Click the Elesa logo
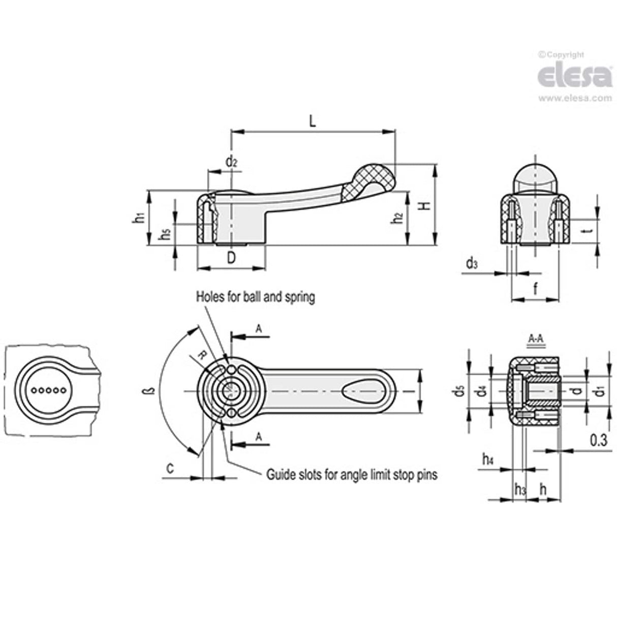pyautogui.click(x=574, y=76)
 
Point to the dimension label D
pyautogui.click(x=231, y=258)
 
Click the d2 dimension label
pyautogui.click(x=231, y=162)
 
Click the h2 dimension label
pyautogui.click(x=398, y=218)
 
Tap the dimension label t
pyautogui.click(x=588, y=230)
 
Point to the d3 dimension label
pyautogui.click(x=472, y=264)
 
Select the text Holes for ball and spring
pyautogui.click(x=256, y=297)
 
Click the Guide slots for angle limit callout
pyautogui.click(x=352, y=475)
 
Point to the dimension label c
pyautogui.click(x=171, y=468)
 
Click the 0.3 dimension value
pyautogui.click(x=598, y=440)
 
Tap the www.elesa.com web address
pyautogui.click(x=575, y=98)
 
